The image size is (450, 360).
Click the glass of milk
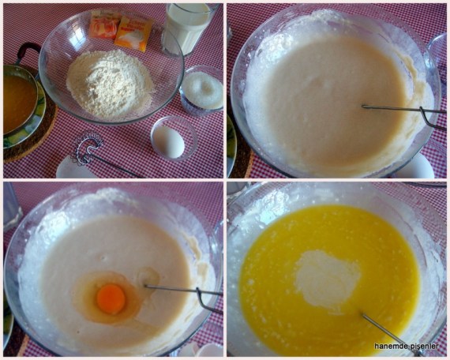[188, 28]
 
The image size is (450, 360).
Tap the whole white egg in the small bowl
[168, 141]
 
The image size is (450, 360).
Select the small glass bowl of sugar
[202, 91]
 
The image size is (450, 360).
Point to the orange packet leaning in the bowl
[104, 25]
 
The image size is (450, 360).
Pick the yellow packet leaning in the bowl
[133, 34]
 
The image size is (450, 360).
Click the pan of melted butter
[20, 99]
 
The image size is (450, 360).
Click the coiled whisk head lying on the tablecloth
[88, 147]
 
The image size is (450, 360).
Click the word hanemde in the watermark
[388, 347]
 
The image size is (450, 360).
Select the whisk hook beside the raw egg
[209, 300]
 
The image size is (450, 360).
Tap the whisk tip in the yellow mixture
[362, 315]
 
